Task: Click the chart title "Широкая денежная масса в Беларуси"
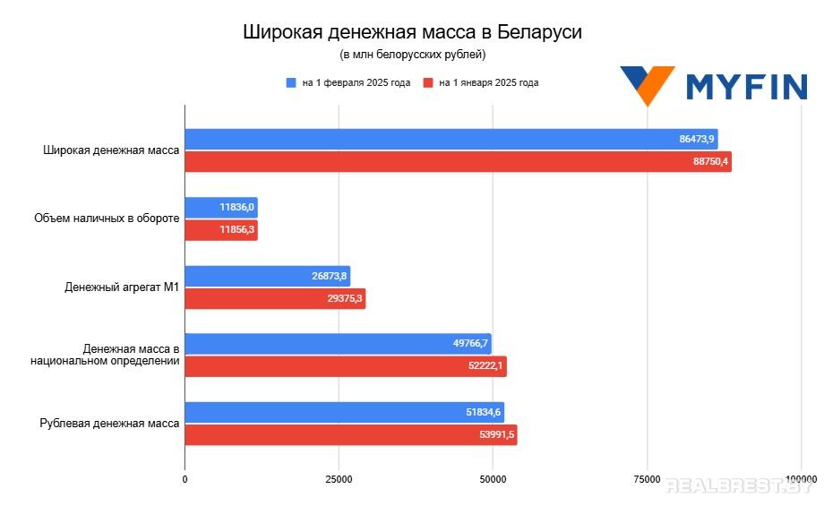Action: [412, 33]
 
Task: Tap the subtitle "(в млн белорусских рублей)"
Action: [412, 56]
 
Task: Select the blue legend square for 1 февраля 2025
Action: [290, 82]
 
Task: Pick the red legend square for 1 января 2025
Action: [429, 82]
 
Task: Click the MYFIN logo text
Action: [746, 87]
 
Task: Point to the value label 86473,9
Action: [697, 139]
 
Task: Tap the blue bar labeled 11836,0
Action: [220, 208]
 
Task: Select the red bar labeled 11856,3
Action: [220, 230]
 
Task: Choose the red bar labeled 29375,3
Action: [275, 299]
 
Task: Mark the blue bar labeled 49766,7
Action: [338, 344]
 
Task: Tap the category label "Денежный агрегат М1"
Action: [122, 287]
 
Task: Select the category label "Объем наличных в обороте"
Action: [107, 219]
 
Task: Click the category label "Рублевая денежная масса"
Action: [110, 424]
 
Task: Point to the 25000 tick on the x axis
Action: [339, 480]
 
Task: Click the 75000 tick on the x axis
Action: [647, 480]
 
